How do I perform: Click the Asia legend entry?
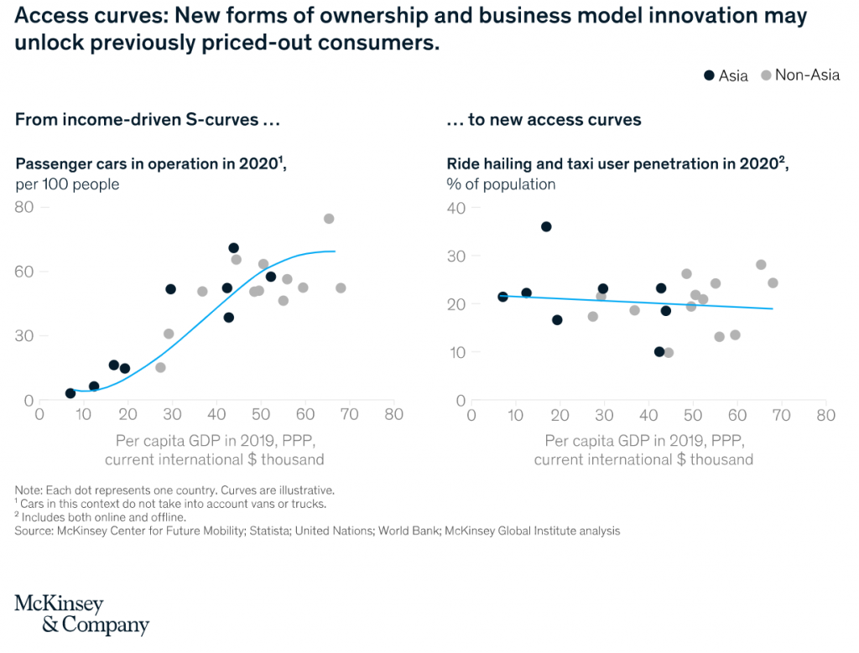click(726, 75)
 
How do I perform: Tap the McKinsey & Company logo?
click(81, 614)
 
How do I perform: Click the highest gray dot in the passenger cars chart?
click(329, 219)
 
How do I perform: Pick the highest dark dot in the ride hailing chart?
click(546, 226)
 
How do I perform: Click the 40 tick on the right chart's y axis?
click(455, 207)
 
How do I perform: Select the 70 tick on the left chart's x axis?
click(349, 414)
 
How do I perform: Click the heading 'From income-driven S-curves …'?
click(147, 120)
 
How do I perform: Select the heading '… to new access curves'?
click(544, 120)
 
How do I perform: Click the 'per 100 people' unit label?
click(67, 184)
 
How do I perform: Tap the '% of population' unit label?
click(501, 184)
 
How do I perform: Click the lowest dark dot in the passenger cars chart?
click(70, 393)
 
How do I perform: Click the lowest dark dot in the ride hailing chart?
click(659, 351)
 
